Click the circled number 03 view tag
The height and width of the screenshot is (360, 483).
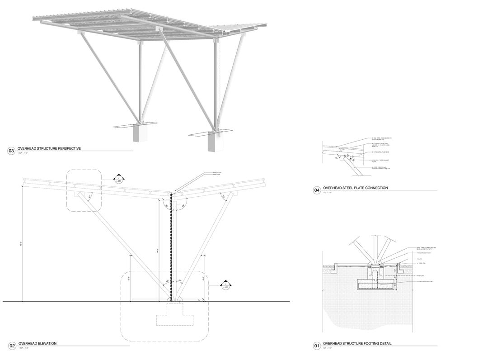tap(12, 150)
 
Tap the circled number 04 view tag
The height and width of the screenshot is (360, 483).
tap(317, 190)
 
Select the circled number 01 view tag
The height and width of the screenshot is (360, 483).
tap(317, 346)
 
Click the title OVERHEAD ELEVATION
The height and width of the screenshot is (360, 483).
tap(37, 344)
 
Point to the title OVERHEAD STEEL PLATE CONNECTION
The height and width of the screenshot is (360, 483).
tap(355, 188)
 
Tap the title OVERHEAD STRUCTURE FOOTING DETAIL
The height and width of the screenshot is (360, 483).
tap(357, 344)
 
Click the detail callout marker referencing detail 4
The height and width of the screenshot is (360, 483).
tap(118, 179)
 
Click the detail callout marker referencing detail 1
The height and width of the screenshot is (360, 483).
tap(226, 286)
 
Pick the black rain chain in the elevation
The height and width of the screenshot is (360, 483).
tap(171, 249)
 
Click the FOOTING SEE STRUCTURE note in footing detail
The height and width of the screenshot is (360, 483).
tap(425, 282)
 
